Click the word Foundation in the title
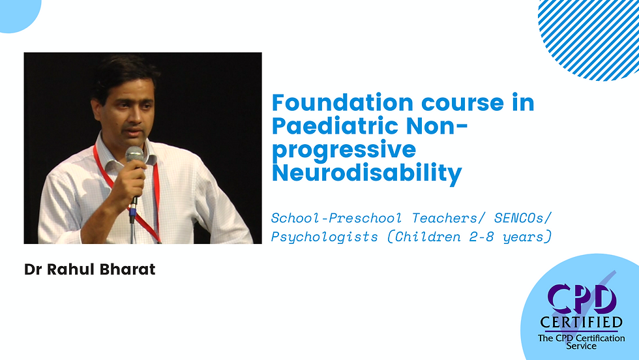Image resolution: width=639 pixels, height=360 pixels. (333, 103)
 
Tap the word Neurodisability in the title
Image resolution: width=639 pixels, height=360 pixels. (366, 173)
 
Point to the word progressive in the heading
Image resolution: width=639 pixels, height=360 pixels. (343, 150)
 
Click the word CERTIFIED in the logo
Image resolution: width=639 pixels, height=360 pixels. (581, 322)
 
